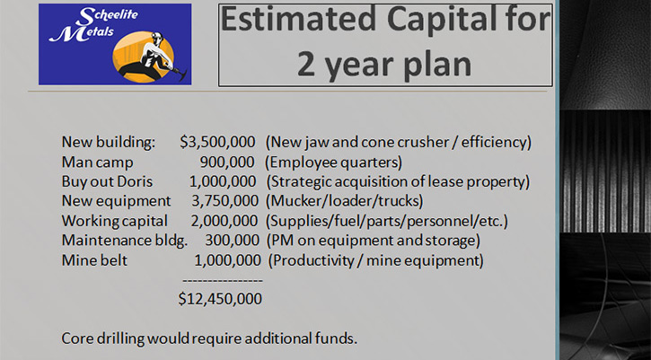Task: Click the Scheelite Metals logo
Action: tap(115, 44)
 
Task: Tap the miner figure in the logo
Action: tap(153, 57)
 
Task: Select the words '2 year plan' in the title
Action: tap(384, 64)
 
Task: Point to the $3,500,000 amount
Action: tap(217, 142)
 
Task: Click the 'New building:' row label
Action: tap(109, 143)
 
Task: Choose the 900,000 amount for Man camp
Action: tap(227, 162)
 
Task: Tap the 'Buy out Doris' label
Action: tap(107, 181)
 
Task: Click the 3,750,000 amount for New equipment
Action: tap(224, 201)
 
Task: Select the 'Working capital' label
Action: tap(115, 222)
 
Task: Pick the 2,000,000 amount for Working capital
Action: tap(224, 221)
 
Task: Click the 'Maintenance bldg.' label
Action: tap(125, 241)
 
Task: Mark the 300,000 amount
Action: tap(232, 241)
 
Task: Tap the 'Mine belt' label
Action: tap(94, 260)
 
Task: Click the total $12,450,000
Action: tap(220, 299)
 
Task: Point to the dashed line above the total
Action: tap(223, 281)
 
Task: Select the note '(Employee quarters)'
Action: tap(333, 162)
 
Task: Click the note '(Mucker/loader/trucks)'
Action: tap(344, 201)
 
